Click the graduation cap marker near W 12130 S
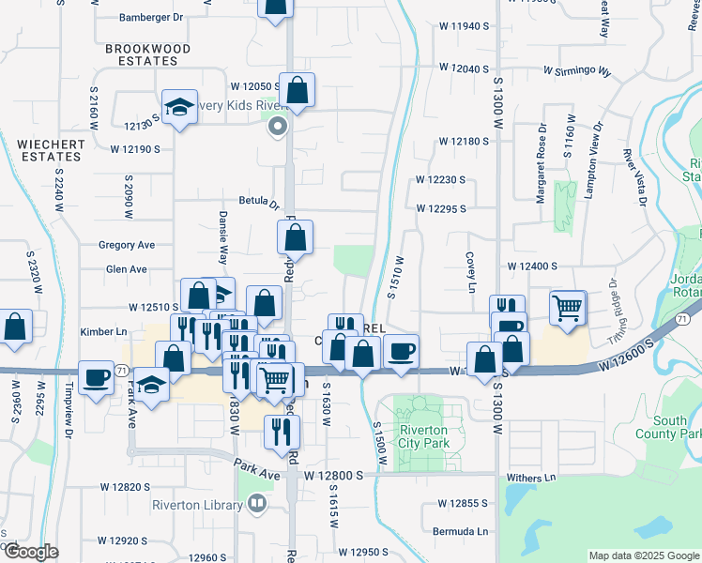tap(178, 107)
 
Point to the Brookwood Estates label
tap(147, 55)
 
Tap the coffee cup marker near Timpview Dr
tap(95, 378)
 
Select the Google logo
tap(30, 552)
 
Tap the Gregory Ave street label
tap(127, 245)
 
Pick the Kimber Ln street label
tap(103, 332)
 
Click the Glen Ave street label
tap(127, 269)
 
